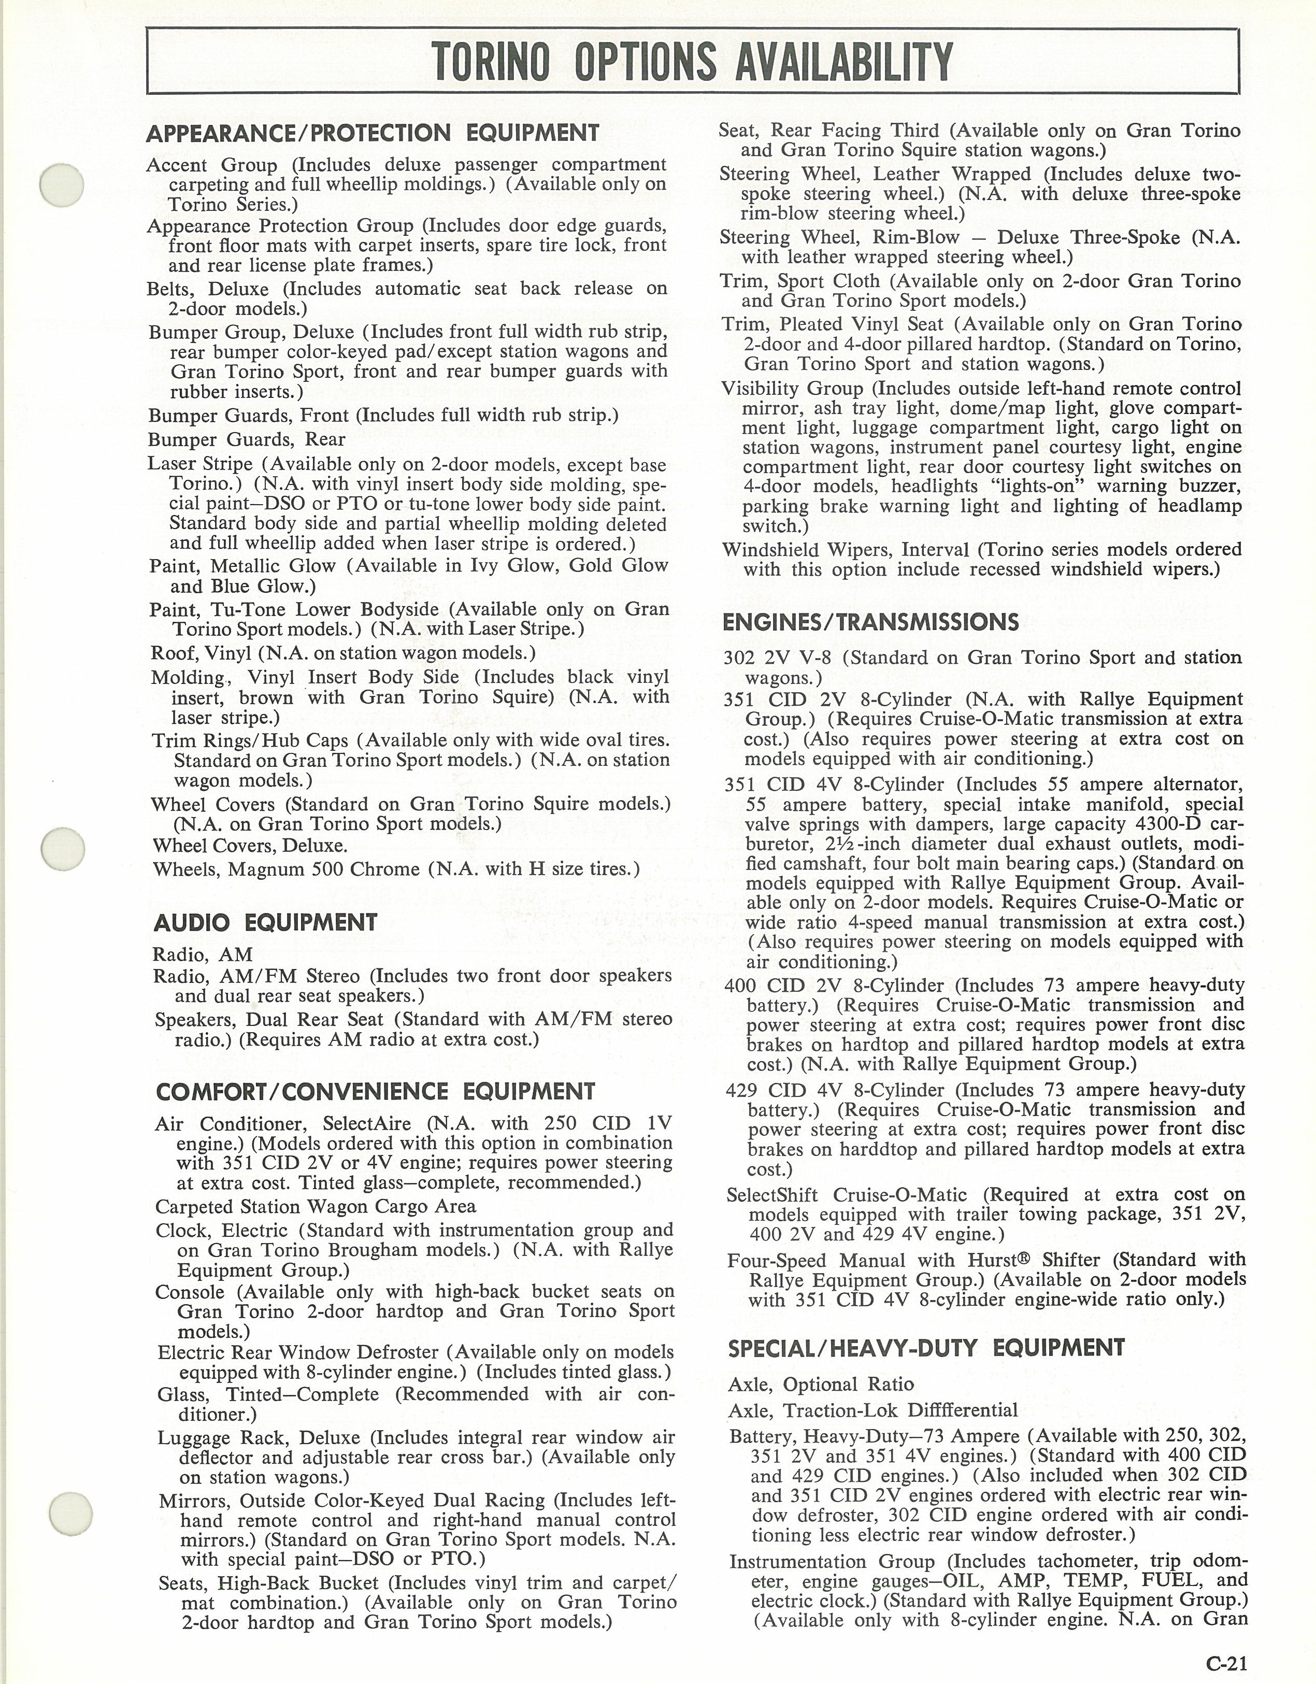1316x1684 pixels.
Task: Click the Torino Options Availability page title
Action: pos(692,62)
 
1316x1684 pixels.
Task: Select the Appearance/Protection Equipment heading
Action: pos(373,133)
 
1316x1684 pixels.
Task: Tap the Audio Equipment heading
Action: pos(265,923)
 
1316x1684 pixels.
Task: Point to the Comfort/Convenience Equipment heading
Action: pos(376,1092)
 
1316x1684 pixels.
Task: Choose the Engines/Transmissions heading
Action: pos(870,622)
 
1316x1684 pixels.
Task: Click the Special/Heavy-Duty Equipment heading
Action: pos(926,1348)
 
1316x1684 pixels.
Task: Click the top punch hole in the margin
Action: pos(62,185)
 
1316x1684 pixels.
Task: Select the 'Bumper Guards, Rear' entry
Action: pos(247,439)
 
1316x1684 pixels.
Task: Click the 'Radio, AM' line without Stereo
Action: pos(203,954)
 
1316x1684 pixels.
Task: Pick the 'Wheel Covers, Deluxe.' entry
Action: pos(250,846)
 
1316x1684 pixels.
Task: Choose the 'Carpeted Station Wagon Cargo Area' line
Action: pos(316,1207)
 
